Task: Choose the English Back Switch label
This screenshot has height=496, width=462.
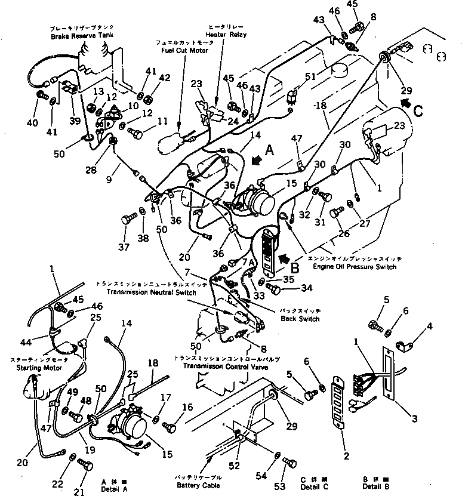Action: [300, 319]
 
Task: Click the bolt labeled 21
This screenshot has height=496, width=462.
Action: [87, 466]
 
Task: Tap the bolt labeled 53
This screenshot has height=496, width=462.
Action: [291, 463]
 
